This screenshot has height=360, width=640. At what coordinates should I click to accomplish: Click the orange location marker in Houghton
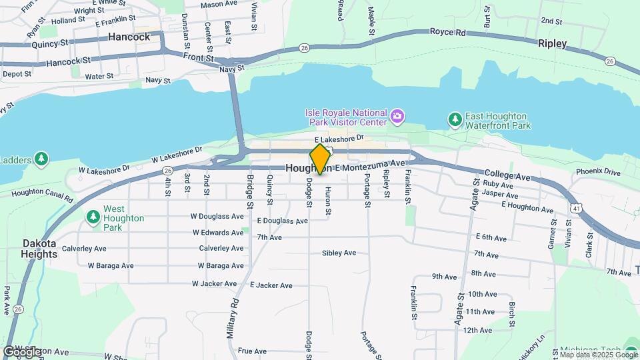click(321, 159)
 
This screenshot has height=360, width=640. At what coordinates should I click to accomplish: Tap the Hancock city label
click(129, 37)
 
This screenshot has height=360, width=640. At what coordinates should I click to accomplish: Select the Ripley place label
click(552, 43)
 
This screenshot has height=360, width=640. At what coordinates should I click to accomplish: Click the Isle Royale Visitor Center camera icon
click(397, 117)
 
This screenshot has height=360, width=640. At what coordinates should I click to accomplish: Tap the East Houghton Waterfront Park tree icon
click(455, 119)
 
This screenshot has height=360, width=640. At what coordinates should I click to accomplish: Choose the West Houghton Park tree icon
click(93, 217)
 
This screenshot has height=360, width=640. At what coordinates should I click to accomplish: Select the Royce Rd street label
click(447, 31)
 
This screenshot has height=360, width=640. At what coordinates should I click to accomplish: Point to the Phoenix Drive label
click(598, 171)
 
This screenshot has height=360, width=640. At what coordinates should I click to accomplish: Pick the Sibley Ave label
click(339, 253)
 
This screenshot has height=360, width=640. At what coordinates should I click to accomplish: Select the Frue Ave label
click(252, 351)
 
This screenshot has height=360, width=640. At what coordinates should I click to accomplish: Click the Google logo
click(23, 351)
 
